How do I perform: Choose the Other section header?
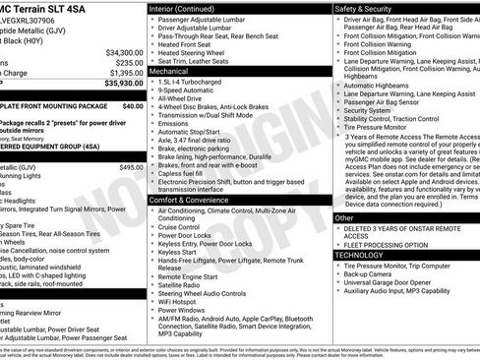click(344, 217)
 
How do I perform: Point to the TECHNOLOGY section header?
click(359, 254)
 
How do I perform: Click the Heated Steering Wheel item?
click(195, 53)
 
